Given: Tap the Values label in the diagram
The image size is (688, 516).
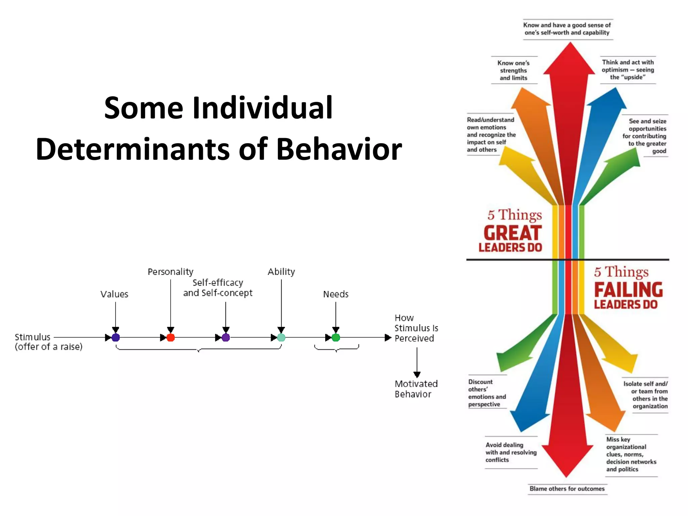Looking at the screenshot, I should click(x=114, y=294).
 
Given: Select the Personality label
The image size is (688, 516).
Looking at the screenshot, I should click(x=170, y=271).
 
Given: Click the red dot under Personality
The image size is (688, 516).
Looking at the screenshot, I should click(x=171, y=337).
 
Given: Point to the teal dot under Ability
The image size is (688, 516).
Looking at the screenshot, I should click(x=281, y=337).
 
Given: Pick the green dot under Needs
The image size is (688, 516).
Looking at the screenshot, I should click(x=336, y=337).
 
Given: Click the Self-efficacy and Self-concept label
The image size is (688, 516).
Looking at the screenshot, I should click(x=218, y=288).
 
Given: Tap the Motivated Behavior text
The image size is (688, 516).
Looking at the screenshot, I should click(x=416, y=389).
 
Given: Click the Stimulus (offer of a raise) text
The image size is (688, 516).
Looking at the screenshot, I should click(x=48, y=342).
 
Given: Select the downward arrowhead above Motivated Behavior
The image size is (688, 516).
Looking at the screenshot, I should click(x=417, y=375).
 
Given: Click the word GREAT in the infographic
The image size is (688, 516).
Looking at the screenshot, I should click(x=513, y=233).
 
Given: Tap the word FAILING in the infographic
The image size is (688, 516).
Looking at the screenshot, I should click(x=628, y=290).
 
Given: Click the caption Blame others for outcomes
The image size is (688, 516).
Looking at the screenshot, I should click(x=567, y=488).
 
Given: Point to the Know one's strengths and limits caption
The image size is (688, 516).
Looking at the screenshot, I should click(x=513, y=70).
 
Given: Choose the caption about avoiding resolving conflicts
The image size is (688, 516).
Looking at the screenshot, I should click(x=511, y=452).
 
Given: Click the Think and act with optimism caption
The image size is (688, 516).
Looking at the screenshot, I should click(x=628, y=70).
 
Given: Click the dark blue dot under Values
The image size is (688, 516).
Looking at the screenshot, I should click(x=116, y=337).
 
